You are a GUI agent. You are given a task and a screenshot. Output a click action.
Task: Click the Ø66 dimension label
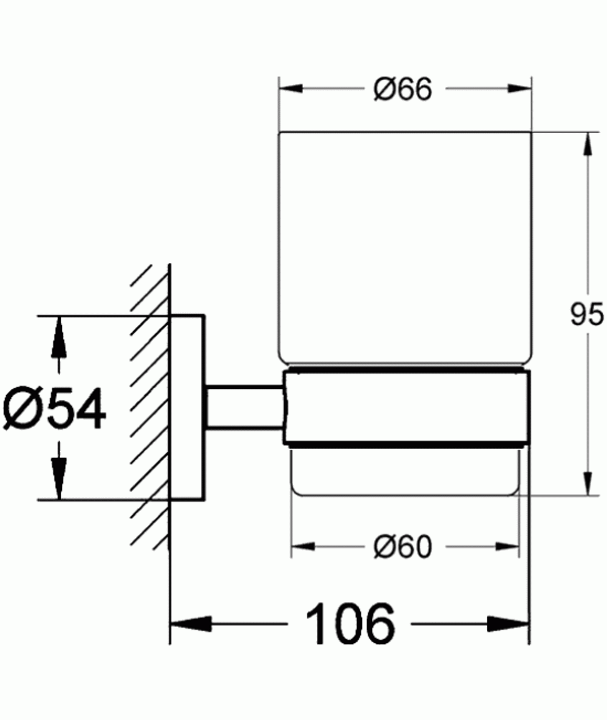coord(404,90)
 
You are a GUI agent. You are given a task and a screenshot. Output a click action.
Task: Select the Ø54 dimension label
coord(55,408)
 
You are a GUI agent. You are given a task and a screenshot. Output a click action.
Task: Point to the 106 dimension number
coord(350,624)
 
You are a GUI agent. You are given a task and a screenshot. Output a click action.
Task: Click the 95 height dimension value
coord(586,315)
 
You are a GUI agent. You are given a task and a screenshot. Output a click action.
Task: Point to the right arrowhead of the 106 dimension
coord(510,624)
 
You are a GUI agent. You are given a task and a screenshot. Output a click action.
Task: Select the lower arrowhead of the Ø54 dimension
coord(58,480)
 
